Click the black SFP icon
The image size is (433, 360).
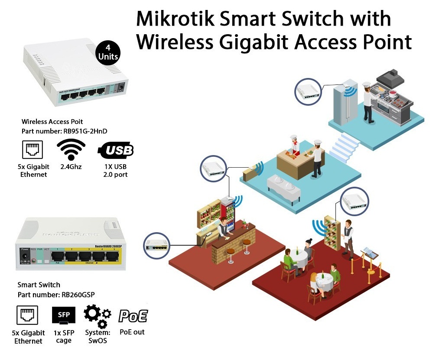pyautogui.click(x=63, y=315)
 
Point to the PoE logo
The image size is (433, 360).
pyautogui.click(x=133, y=316)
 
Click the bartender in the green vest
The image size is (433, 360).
pyautogui.click(x=222, y=227)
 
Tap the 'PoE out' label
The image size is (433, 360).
pyautogui.click(x=132, y=332)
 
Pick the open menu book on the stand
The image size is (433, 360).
pyautogui.click(x=368, y=251)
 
